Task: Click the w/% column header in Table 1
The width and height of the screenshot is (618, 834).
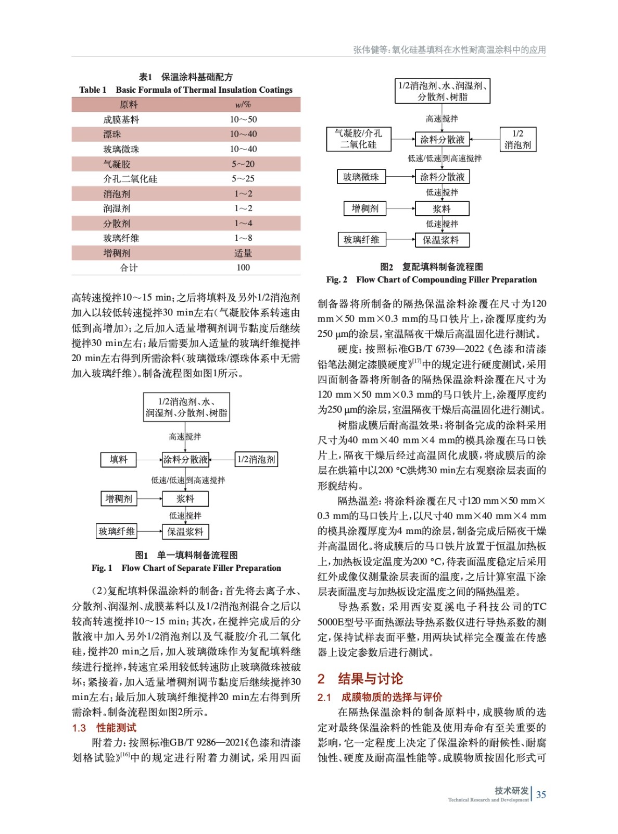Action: [243, 105]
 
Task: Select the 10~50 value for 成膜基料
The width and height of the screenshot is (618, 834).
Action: [243, 119]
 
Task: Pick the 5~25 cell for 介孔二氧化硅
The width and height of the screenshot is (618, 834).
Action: [243, 179]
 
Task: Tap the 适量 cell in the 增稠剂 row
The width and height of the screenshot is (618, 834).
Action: [243, 253]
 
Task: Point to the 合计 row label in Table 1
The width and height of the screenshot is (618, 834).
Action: [129, 268]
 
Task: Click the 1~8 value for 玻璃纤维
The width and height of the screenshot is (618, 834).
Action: [243, 238]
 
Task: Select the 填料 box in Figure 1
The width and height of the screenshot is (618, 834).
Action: [118, 460]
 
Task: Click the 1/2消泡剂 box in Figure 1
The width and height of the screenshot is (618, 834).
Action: [256, 460]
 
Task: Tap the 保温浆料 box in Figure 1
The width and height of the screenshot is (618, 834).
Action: [185, 532]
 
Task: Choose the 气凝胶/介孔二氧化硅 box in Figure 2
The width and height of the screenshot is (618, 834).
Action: [358, 139]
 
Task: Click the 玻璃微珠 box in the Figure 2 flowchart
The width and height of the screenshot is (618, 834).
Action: [361, 177]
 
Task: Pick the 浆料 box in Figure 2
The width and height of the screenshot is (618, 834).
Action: [442, 209]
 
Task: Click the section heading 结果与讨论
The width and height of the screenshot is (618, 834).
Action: [370, 679]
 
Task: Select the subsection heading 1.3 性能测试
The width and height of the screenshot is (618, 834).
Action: [104, 728]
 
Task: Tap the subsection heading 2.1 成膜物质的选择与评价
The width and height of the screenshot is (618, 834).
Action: [380, 697]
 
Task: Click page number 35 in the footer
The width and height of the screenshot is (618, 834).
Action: [541, 795]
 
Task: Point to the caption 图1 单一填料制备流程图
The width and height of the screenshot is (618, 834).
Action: [186, 555]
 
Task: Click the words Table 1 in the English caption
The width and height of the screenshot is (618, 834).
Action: [93, 90]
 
